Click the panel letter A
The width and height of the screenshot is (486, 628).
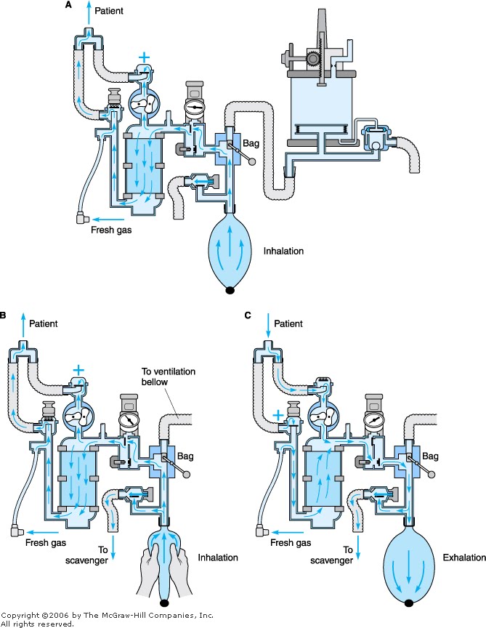[69, 5]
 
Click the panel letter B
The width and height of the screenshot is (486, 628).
[2, 315]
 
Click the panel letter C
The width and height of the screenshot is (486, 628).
[248, 315]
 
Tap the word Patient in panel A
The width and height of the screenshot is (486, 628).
[109, 11]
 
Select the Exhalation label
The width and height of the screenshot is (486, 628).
[464, 557]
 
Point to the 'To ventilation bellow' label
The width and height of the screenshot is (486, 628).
[169, 377]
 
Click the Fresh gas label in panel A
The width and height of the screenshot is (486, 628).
[111, 230]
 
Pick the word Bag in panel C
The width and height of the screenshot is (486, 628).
[430, 456]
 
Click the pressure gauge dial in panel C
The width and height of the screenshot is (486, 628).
[373, 421]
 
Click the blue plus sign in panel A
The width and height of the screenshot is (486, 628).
[144, 57]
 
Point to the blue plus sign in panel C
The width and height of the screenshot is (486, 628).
[278, 415]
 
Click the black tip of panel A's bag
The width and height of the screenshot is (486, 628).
[230, 290]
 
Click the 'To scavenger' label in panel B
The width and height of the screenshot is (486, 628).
[87, 555]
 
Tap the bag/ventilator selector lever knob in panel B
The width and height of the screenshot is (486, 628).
[186, 475]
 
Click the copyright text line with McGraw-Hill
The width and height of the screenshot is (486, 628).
[108, 615]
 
